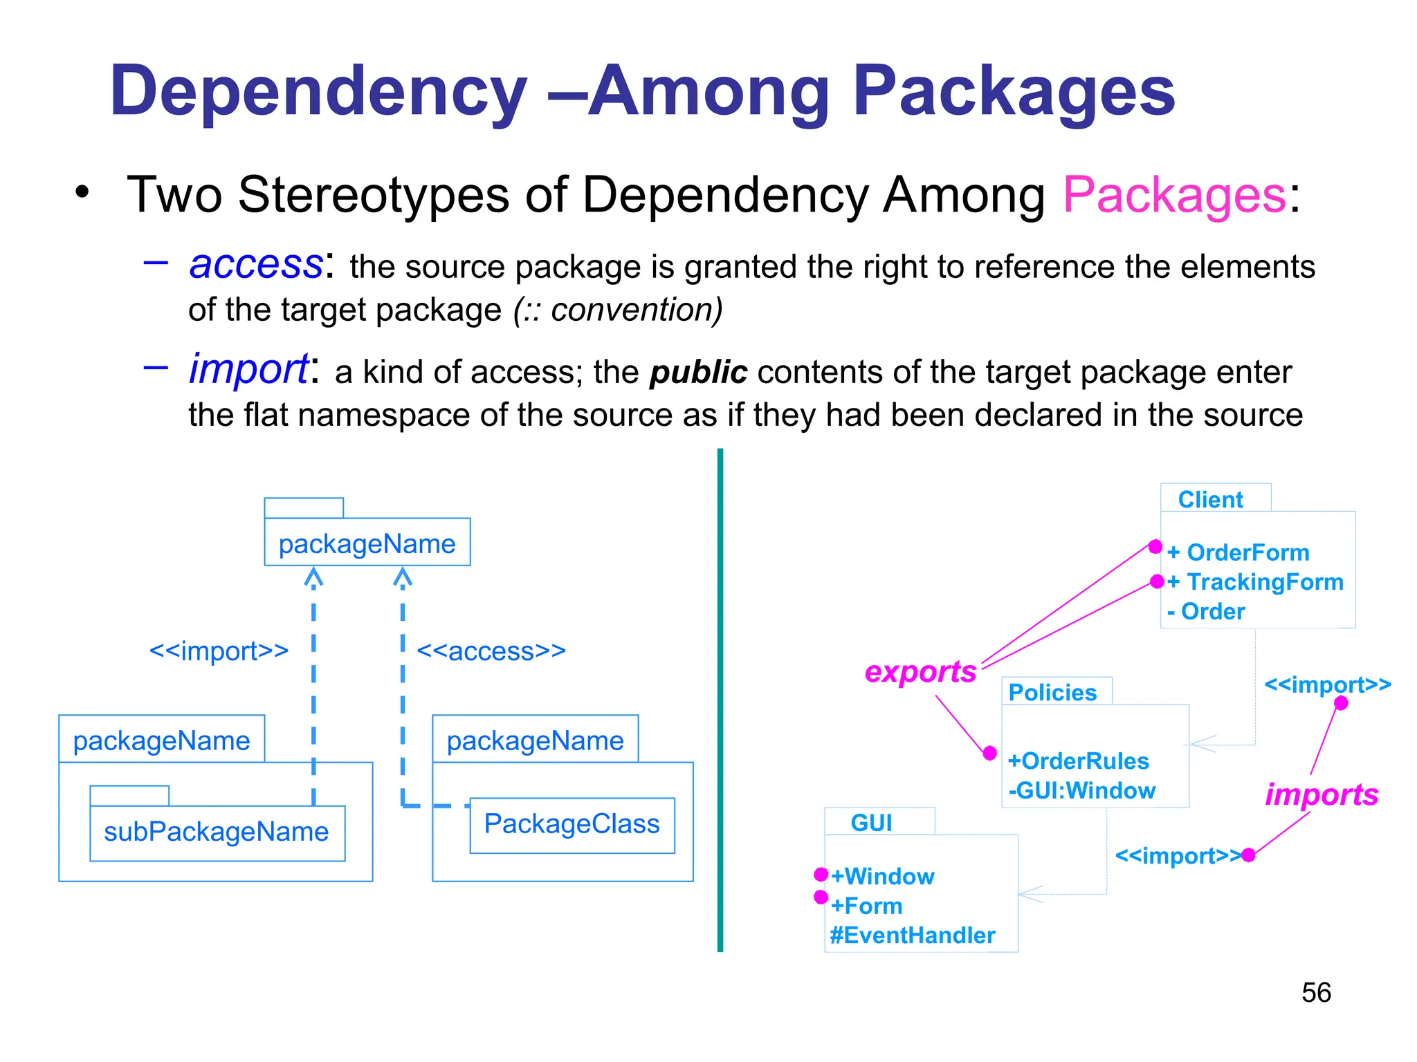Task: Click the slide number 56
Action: tap(1315, 992)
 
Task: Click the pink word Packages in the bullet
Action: tap(1174, 195)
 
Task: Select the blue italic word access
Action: tap(256, 264)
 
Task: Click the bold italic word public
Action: tap(698, 373)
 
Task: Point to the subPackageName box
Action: tap(217, 832)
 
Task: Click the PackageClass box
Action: tap(572, 824)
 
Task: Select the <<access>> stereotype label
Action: tap(491, 651)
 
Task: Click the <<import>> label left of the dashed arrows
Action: tap(219, 651)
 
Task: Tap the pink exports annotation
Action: tap(920, 671)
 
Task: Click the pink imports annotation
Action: tap(1322, 794)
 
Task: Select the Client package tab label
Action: tap(1210, 499)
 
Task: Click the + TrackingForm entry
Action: tap(1255, 582)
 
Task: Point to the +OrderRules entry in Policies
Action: tap(1078, 761)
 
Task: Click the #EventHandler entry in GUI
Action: tap(912, 935)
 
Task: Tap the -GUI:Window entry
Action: tap(1081, 790)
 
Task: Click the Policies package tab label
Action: tap(1052, 692)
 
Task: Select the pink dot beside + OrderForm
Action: tap(1155, 547)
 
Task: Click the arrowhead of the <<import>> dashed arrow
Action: tap(313, 577)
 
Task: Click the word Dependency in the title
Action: tap(318, 91)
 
